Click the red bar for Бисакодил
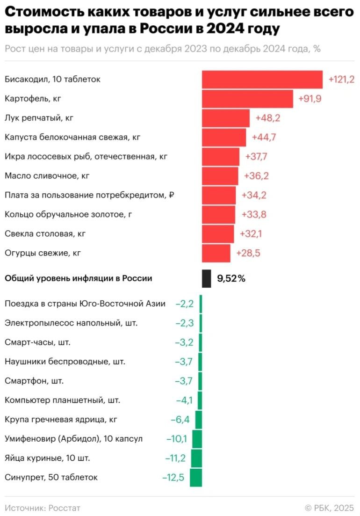pos(262,80)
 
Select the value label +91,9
pos(310,99)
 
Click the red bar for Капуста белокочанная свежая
pos(223,138)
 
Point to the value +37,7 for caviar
pos(256,157)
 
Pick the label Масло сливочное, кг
pos(47,176)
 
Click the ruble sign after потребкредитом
pos(172,195)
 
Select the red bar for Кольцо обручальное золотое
pos(218,214)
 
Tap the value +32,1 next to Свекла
pos(251,233)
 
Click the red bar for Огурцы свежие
pos(216,253)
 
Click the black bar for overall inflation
pos(206,278)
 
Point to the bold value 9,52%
pos(231,279)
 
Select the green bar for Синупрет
pos(196,478)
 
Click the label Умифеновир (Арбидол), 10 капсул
pos(73,439)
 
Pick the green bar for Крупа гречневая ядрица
pos(199,420)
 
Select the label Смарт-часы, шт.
pos(37,342)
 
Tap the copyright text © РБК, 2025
pos(329,508)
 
